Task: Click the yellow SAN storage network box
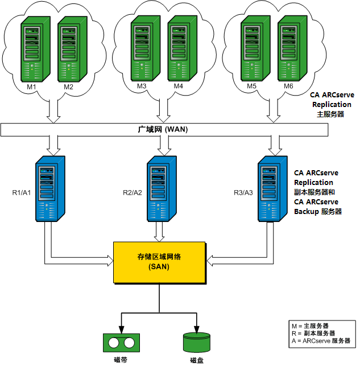tap(159, 262)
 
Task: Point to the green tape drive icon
tap(121, 343)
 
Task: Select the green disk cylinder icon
tap(197, 343)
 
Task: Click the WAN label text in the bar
tap(164, 130)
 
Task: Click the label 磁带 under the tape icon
tap(121, 360)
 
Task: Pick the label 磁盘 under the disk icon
tap(197, 360)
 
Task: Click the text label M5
tap(252, 87)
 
